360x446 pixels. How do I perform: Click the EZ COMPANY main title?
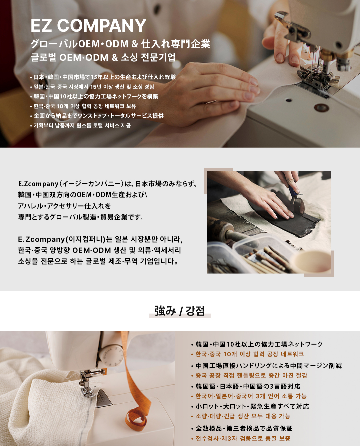tap(88, 26)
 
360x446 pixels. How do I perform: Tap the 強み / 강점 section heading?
tap(180, 311)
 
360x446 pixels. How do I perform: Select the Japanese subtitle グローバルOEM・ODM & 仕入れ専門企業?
tap(120, 44)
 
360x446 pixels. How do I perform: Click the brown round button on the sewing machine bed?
tap(321, 107)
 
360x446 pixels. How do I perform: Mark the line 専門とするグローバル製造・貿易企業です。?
tap(81, 217)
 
